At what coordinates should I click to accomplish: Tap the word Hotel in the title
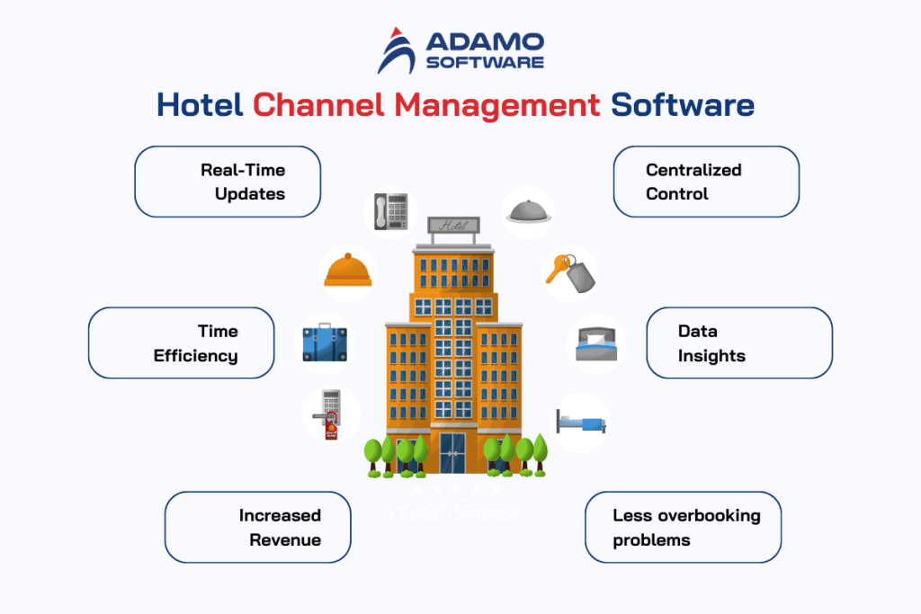(x=200, y=105)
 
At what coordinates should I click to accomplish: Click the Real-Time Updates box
(x=228, y=182)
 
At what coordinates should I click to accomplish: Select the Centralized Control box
(x=705, y=182)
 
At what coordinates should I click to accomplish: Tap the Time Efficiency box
(x=182, y=343)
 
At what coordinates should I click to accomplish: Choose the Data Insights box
(x=738, y=343)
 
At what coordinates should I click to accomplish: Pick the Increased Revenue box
(x=257, y=527)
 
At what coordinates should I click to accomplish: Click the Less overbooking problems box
(x=683, y=527)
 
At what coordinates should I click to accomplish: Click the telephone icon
(x=391, y=212)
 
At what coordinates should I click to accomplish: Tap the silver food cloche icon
(x=526, y=210)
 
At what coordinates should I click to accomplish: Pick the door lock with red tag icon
(x=331, y=414)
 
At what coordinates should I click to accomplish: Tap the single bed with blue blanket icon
(x=581, y=421)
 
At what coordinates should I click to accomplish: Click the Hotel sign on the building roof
(x=453, y=226)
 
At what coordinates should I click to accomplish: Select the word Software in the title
(x=683, y=105)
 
